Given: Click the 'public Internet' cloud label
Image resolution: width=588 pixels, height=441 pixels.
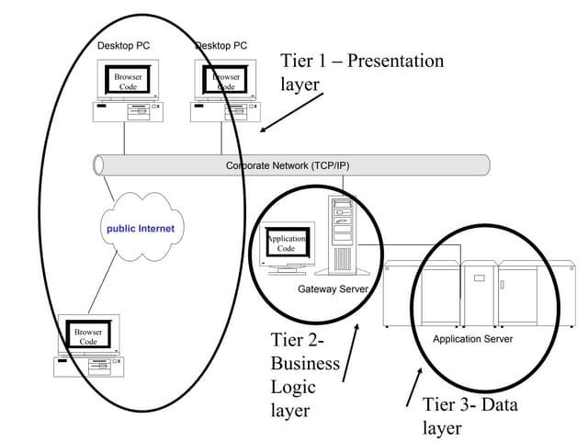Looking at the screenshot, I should click(x=141, y=228).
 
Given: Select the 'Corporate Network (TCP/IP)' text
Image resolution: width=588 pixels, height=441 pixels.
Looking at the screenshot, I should click(x=288, y=166).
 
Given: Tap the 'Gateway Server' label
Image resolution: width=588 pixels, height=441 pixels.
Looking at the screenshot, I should click(x=333, y=289).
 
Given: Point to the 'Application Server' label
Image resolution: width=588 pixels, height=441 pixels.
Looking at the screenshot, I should click(x=472, y=339).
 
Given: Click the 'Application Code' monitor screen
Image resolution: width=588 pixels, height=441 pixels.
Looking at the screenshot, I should click(x=286, y=243).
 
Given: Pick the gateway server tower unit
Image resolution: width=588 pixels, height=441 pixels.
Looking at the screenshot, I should click(x=341, y=234).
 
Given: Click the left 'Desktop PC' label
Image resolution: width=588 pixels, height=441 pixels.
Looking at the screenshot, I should click(x=123, y=45).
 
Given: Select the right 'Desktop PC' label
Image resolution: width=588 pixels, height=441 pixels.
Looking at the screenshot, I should click(x=221, y=45).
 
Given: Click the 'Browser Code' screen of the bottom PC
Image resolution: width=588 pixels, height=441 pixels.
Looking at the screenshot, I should click(x=88, y=336).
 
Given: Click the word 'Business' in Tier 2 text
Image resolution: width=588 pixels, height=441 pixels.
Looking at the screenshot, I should click(x=300, y=365).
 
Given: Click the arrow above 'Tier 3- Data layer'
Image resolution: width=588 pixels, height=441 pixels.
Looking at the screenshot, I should click(x=414, y=387).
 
